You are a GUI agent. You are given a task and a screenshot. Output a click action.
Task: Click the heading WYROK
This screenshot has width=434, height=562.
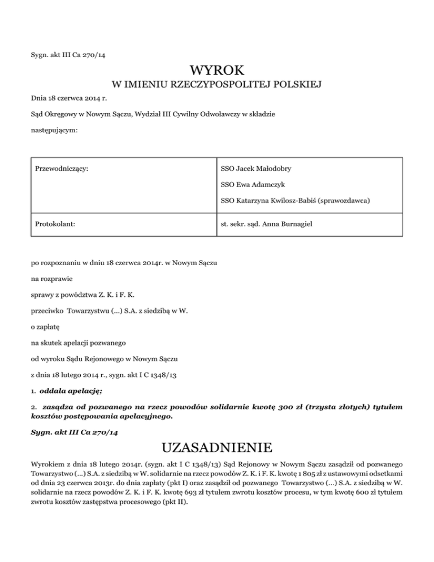[x=217, y=71]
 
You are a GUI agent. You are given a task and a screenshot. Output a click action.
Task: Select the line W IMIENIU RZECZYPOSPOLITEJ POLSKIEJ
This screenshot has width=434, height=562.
[x=217, y=85]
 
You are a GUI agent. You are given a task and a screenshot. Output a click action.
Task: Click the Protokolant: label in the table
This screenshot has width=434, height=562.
[x=56, y=224]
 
